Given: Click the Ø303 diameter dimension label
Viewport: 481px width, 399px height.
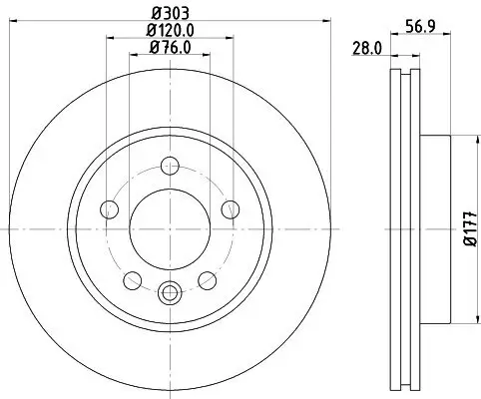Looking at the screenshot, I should pyautogui.click(x=169, y=14).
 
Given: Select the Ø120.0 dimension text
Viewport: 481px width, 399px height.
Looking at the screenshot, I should pyautogui.click(x=169, y=31).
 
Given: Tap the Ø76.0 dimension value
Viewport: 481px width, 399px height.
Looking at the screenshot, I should pyautogui.click(x=169, y=48).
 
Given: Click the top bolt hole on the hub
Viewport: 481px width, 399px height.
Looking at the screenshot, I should pyautogui.click(x=170, y=166).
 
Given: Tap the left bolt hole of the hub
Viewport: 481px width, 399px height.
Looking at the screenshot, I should pyautogui.click(x=110, y=208).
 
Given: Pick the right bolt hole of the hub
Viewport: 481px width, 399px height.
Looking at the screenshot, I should pyautogui.click(x=230, y=208).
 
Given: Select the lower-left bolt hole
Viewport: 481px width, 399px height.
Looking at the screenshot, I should pyautogui.click(x=133, y=278).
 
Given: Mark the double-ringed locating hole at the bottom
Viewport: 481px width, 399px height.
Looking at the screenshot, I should pyautogui.click(x=170, y=292).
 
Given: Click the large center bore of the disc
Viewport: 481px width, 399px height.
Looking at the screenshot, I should pyautogui.click(x=170, y=228).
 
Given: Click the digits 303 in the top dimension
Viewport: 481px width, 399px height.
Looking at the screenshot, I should pyautogui.click(x=175, y=14).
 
